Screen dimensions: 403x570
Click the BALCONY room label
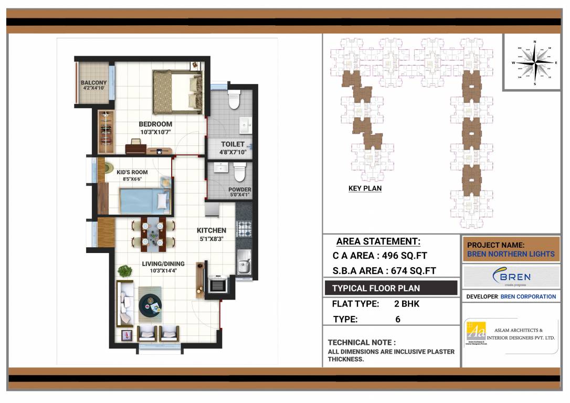(x=93, y=82)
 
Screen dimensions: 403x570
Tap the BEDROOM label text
(x=155, y=124)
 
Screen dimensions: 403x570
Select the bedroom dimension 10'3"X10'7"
(x=155, y=132)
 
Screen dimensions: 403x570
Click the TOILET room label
(x=233, y=144)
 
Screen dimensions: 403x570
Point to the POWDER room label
(x=239, y=189)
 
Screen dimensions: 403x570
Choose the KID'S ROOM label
(x=132, y=172)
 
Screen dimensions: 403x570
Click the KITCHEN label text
(x=212, y=230)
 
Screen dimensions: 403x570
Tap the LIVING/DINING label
(x=163, y=263)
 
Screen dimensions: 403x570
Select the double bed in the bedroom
(x=177, y=92)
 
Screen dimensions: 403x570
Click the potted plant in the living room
(x=125, y=271)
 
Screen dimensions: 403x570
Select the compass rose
(x=534, y=62)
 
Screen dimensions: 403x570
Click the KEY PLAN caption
(x=365, y=188)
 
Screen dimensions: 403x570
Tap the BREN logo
(x=511, y=277)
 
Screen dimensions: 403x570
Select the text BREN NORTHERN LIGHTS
(x=511, y=254)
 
